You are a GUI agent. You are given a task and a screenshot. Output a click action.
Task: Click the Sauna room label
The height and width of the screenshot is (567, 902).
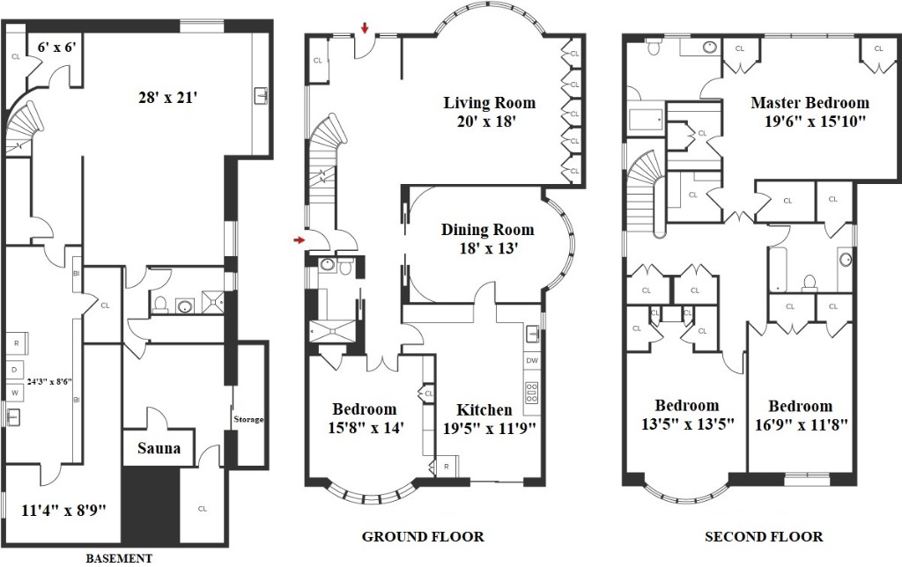(159, 448)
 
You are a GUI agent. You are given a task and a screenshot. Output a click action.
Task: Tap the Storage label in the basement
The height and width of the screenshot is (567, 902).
(248, 419)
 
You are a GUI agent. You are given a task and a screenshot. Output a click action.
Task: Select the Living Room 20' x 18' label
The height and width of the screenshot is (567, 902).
(489, 112)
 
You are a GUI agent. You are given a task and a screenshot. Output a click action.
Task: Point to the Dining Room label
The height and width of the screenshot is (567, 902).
(488, 230)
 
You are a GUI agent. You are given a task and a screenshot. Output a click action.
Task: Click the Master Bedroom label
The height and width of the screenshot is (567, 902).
(810, 103)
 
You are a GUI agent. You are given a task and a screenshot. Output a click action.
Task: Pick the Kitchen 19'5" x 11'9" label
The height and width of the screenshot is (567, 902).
(489, 418)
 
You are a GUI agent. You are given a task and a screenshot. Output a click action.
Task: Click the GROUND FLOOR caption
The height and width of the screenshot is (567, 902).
(423, 536)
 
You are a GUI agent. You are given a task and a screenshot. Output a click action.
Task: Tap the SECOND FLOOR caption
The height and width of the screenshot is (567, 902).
(764, 536)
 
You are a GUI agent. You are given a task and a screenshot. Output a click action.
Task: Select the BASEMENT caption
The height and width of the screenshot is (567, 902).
(119, 558)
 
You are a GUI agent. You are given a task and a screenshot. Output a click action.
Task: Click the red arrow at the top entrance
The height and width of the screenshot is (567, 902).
(365, 27)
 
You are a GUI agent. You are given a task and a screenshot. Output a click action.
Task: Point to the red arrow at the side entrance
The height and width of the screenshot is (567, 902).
(299, 239)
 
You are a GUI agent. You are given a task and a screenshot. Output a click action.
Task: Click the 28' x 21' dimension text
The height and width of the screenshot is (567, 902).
(168, 97)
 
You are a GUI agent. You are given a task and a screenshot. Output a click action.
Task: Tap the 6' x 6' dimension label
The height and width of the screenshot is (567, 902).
(57, 47)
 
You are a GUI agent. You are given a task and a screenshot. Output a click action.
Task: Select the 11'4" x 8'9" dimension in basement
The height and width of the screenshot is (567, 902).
(63, 510)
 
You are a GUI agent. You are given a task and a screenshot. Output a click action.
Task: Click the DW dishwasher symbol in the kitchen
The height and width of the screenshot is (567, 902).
(531, 361)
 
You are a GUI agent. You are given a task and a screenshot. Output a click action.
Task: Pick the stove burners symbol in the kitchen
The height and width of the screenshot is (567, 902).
(531, 393)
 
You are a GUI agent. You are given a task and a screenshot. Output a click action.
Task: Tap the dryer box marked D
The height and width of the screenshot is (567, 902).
(15, 369)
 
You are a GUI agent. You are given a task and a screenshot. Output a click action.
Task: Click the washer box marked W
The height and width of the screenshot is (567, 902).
(15, 393)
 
